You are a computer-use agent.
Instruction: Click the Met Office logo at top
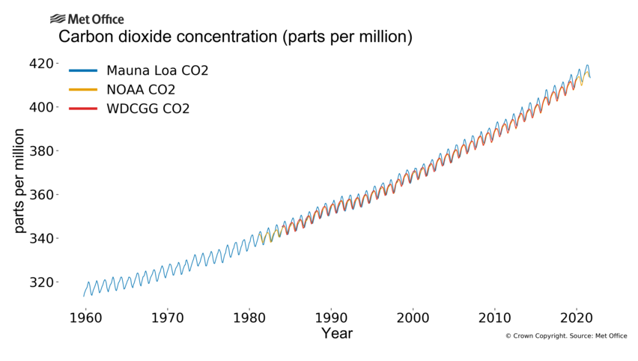[x=87, y=19]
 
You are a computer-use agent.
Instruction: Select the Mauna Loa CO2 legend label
[x=157, y=71]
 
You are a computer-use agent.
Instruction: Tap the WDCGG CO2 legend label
[x=148, y=109]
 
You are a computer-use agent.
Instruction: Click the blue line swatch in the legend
[x=83, y=71]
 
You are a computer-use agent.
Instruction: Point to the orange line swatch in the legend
[x=83, y=90]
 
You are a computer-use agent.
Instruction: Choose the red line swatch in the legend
[x=83, y=109]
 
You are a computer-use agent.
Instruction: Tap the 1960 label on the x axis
[x=85, y=315]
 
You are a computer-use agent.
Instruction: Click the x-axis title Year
[x=336, y=333]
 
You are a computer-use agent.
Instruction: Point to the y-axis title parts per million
[x=19, y=180]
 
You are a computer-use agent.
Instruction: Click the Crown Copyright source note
[x=566, y=336]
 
